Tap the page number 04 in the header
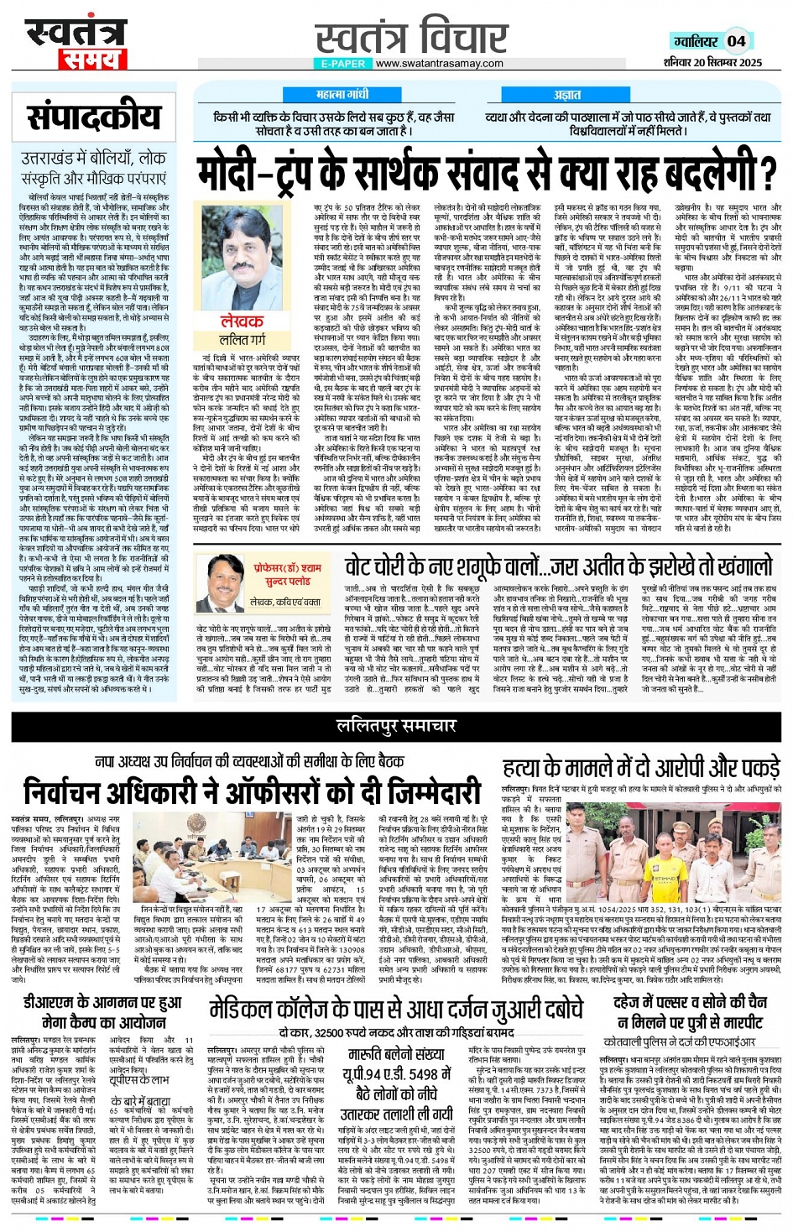tap(736, 40)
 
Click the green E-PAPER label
tap(343, 63)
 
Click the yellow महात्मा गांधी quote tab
tap(342, 96)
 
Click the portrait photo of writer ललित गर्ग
tap(243, 255)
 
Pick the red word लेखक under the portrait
tap(242, 321)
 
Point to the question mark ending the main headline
tap(767, 173)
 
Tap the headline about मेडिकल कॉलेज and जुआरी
tap(395, 1008)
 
